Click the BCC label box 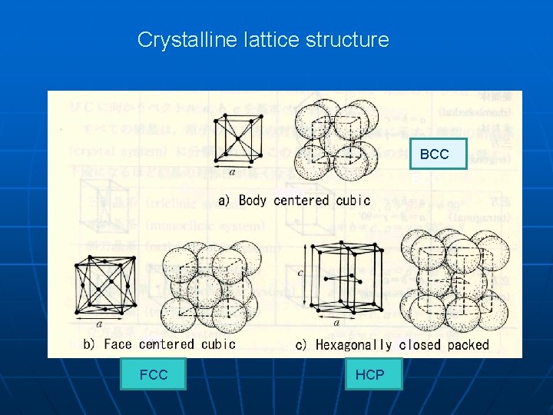435,154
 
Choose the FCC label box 153,374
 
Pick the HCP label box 373,374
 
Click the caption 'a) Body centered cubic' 294,201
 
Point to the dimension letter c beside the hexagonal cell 300,271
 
